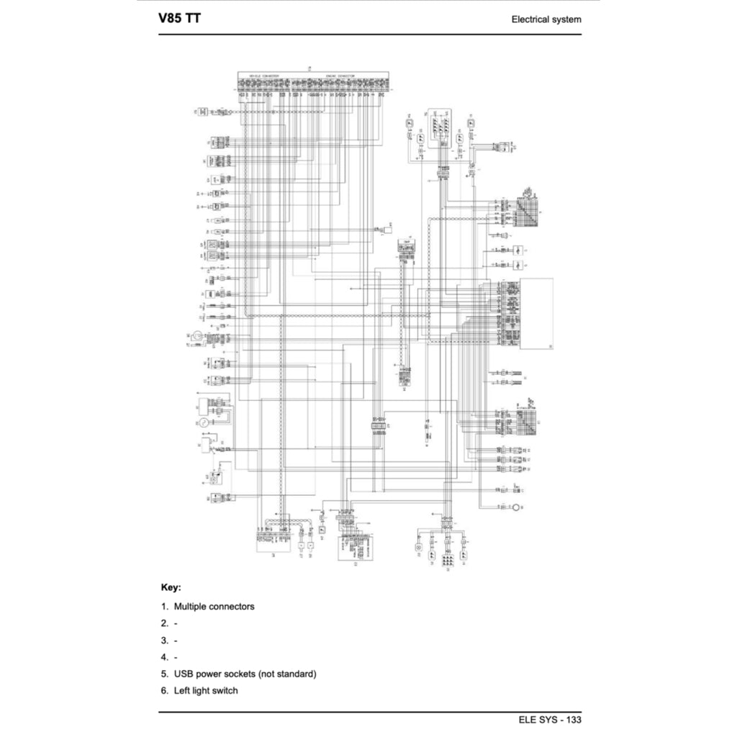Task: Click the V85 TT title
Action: pos(180,18)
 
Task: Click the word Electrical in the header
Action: pos(531,19)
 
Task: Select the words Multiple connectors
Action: pos(214,607)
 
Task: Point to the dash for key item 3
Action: pos(176,640)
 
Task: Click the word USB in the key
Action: pos(184,674)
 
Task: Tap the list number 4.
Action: pos(164,657)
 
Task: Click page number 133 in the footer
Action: pos(574,720)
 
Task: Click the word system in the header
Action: pos(567,19)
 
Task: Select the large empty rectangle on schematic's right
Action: pos(538,314)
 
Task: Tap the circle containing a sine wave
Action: pos(204,422)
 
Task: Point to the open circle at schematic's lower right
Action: pos(516,509)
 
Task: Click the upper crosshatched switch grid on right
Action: pos(528,209)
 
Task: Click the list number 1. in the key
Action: pos(164,607)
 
